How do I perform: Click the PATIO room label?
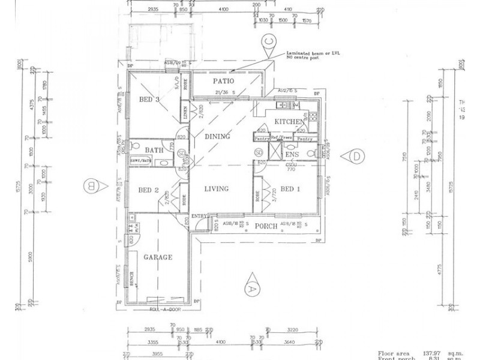pos(223,82)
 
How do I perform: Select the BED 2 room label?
pos(148,191)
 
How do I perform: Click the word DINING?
pos(217,137)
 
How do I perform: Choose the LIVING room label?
pos(216,189)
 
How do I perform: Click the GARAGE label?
pos(158,257)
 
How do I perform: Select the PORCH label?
pos(266,227)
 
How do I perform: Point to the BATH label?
pos(154,151)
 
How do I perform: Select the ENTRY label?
pos(199,215)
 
